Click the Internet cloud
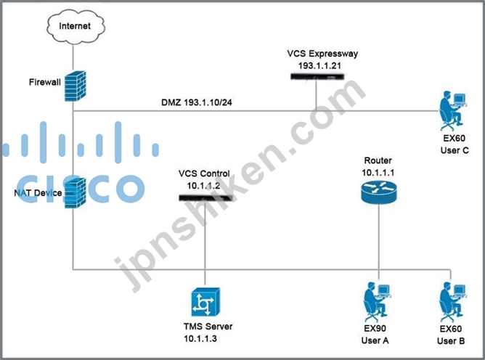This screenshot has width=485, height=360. click(x=76, y=27)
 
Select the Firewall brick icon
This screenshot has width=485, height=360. click(x=76, y=86)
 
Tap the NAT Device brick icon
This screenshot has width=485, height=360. click(x=75, y=193)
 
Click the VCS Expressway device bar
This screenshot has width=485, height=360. click(x=317, y=76)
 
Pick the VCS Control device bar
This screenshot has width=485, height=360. click(x=205, y=197)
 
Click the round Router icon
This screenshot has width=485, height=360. click(x=378, y=192)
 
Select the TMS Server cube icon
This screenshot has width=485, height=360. click(x=205, y=302)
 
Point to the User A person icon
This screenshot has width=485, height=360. click(x=377, y=302)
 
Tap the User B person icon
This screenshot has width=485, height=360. click(x=452, y=302)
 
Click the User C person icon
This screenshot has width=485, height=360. click(x=453, y=111)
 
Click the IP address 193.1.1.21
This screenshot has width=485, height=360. click(x=319, y=65)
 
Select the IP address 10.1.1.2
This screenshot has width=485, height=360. click(x=203, y=186)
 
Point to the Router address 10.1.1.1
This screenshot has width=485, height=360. click(x=378, y=173)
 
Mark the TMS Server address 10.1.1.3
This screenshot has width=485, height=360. click(x=200, y=339)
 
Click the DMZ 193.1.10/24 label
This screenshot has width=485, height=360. click(x=197, y=102)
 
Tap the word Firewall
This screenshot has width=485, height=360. click(x=45, y=82)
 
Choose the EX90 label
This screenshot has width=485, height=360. click(x=375, y=328)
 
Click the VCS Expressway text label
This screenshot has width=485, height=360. click(x=322, y=54)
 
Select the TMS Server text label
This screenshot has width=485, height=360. click(x=208, y=327)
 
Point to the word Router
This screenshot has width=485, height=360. click(x=378, y=160)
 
